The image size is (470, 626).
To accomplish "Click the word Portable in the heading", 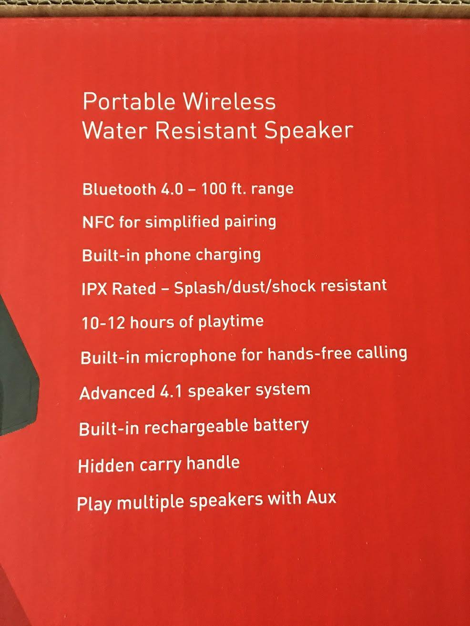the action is (129, 101).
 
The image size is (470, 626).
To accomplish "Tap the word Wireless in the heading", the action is (229, 101).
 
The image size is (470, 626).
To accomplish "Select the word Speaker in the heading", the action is (309, 131).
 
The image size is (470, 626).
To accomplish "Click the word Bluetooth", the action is (119, 189).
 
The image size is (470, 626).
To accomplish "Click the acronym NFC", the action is (98, 222).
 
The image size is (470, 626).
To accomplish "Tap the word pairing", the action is (250, 222).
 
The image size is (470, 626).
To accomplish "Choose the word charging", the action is (228, 255).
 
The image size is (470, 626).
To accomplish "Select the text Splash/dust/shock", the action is (245, 287).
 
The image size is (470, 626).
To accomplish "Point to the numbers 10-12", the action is (103, 323).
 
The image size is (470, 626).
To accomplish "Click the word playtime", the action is (231, 322).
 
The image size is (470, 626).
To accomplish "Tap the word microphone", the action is (191, 357).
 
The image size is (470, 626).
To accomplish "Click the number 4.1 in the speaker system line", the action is (171, 391).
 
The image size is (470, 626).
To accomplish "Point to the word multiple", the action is (152, 503).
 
